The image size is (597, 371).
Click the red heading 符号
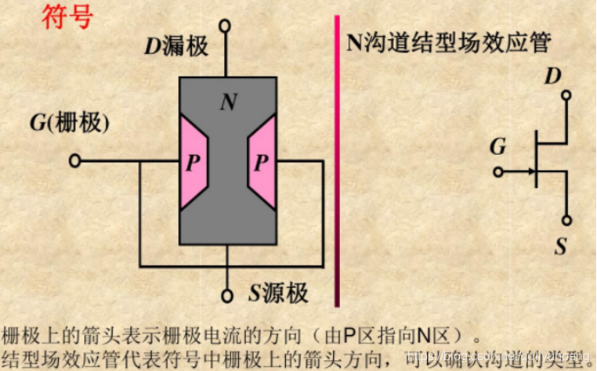click(67, 16)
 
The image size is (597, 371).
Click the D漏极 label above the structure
click(175, 46)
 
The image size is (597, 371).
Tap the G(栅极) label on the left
click(69, 123)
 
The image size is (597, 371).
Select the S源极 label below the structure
click(279, 294)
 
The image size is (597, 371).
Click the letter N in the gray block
click(228, 102)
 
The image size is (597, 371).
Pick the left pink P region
click(192, 163)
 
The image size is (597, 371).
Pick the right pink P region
click(261, 163)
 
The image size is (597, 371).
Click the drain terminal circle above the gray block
click(227, 26)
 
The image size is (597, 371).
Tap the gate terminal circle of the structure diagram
click(74, 161)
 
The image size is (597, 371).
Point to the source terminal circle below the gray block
click(227, 296)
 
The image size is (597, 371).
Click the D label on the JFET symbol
click(554, 77)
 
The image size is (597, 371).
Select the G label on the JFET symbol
click(498, 147)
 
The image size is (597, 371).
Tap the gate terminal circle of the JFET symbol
click(498, 171)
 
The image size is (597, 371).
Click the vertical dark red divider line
click(338, 157)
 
